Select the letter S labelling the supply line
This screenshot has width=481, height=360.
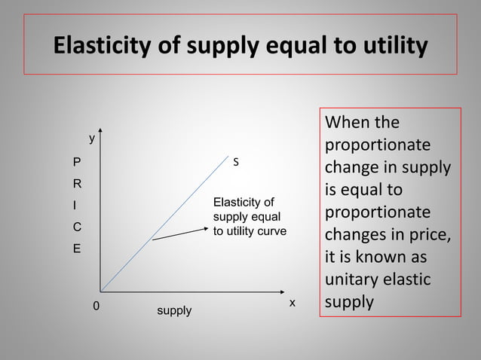[236, 162]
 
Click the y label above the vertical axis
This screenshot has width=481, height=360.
[92, 139]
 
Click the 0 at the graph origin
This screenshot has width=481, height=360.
[96, 307]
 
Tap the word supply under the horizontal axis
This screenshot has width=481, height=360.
[174, 310]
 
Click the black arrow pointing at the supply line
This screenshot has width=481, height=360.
[180, 233]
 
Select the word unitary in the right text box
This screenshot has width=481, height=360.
[351, 279]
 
